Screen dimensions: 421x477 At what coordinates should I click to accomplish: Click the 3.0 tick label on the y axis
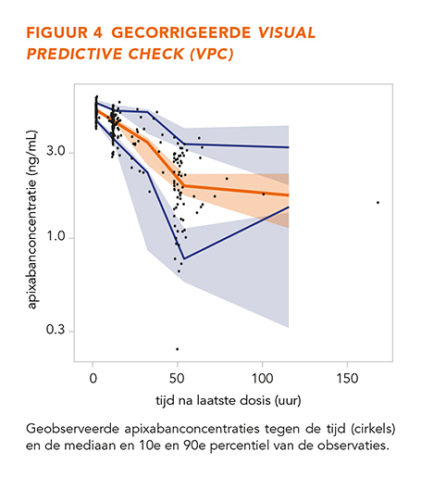click(x=56, y=151)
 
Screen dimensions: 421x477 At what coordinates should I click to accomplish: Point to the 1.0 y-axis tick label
click(x=56, y=236)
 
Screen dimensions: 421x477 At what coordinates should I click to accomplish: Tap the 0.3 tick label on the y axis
click(x=56, y=330)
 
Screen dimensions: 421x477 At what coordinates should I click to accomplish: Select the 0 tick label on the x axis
click(x=93, y=379)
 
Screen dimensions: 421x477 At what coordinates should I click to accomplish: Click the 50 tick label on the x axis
click(x=178, y=379)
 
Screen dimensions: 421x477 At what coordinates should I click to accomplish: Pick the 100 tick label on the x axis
click(x=263, y=379)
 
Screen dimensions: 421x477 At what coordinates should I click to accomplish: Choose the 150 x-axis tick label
click(x=347, y=379)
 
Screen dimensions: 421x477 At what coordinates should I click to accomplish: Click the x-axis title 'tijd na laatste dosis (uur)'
click(x=229, y=401)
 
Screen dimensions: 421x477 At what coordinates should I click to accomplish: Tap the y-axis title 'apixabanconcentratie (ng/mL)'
click(x=32, y=220)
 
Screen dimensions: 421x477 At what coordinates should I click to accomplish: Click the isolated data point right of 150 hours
click(x=378, y=203)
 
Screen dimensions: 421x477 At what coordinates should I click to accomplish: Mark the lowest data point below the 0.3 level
click(x=178, y=349)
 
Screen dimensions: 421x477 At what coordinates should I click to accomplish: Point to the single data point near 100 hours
click(x=264, y=194)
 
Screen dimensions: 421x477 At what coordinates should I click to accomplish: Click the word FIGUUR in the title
click(x=57, y=32)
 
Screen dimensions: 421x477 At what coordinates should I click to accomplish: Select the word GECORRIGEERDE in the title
click(x=181, y=32)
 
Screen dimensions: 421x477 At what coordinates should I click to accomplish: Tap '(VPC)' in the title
click(x=212, y=54)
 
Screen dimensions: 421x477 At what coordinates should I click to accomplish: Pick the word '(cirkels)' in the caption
click(x=373, y=429)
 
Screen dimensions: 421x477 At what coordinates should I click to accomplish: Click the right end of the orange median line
click(x=289, y=195)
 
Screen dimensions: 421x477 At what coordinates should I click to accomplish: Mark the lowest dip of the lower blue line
click(x=184, y=258)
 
